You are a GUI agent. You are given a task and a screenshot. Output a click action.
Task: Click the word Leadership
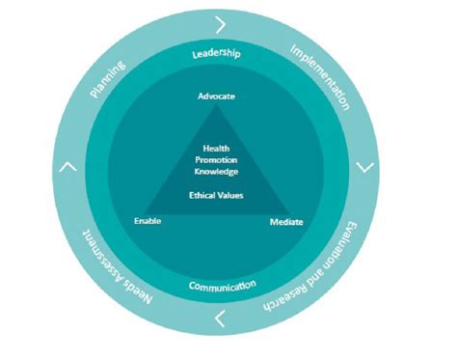click(217, 54)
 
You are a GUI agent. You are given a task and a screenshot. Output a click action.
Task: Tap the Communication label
click(223, 286)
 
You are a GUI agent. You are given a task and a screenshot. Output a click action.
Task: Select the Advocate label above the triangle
click(217, 97)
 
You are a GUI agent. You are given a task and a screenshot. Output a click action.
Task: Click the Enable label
click(148, 221)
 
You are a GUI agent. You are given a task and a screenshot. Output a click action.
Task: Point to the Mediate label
click(286, 222)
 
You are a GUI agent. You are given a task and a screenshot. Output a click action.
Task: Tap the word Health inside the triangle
click(216, 147)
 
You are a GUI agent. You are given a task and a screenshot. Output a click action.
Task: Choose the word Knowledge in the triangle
click(216, 171)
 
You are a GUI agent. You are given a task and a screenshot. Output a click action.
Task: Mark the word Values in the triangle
click(231, 194)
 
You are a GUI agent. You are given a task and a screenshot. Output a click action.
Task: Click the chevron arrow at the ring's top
click(222, 22)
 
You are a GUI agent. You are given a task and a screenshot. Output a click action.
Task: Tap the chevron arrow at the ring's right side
click(367, 167)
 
